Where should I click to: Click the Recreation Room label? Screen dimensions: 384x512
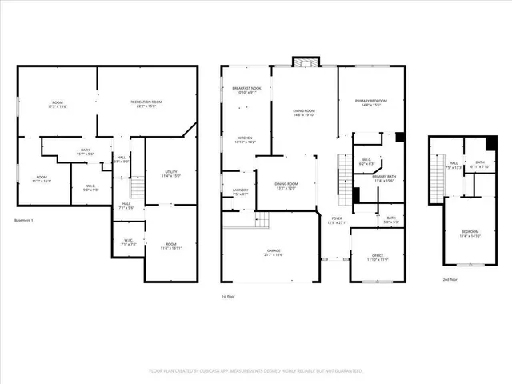pyautogui.click(x=146, y=103)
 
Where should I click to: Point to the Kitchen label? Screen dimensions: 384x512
pyautogui.click(x=244, y=140)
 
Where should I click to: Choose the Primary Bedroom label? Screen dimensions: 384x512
pyautogui.click(x=371, y=102)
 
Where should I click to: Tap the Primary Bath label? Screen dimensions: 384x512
pyautogui.click(x=384, y=178)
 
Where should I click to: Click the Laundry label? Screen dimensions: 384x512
pyautogui.click(x=240, y=191)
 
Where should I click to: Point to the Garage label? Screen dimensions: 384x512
pyautogui.click(x=274, y=252)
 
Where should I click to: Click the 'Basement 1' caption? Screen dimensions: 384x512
pyautogui.click(x=27, y=221)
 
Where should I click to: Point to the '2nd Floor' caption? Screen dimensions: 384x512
pyautogui.click(x=450, y=279)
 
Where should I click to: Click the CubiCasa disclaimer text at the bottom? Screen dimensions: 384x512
pyautogui.click(x=256, y=371)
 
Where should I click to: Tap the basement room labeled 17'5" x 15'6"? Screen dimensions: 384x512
pyautogui.click(x=58, y=104)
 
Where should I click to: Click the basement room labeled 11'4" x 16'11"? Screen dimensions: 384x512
pyautogui.click(x=170, y=246)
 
